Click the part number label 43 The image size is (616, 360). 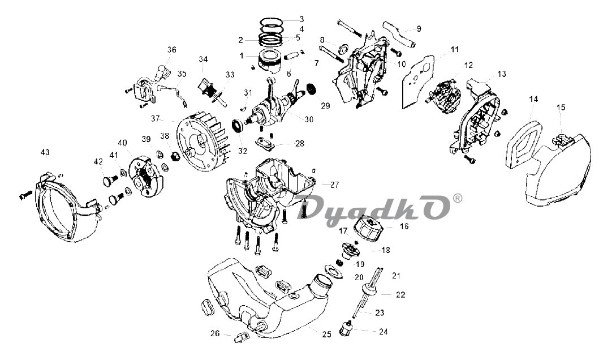coord(45,152)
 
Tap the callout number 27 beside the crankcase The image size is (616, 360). coord(334,185)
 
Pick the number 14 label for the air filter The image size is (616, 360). coord(533,99)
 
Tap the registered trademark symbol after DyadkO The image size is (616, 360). coord(458,199)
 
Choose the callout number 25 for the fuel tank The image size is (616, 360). coord(326,334)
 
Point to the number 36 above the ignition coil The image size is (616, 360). coord(171,50)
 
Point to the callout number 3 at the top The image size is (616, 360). coord(301,19)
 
